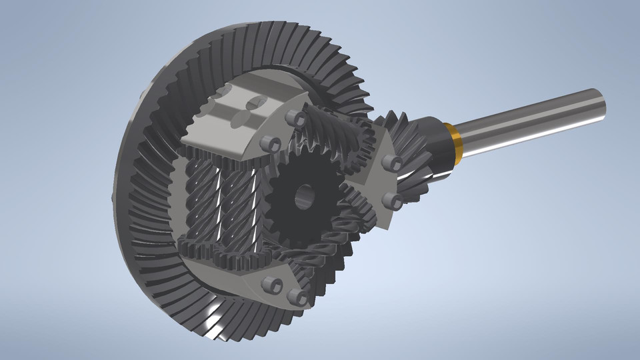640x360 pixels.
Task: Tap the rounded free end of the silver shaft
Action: tap(601, 103)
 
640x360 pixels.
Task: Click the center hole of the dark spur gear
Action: tap(305, 195)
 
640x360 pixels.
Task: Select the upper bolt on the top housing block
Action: tap(291, 117)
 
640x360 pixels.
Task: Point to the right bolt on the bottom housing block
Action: tap(294, 295)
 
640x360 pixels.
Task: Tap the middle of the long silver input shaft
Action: tap(527, 123)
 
